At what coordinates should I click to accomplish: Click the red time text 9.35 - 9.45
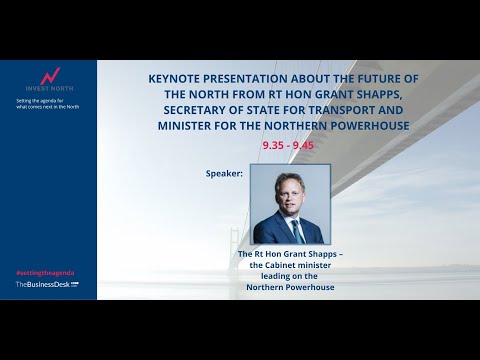pos(287,145)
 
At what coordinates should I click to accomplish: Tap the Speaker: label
pos(224,173)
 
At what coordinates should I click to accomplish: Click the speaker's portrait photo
pos(289,204)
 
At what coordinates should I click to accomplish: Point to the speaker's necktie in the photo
pos(295,228)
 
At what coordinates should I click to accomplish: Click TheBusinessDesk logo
pos(46,285)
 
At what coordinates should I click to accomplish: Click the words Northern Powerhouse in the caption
pos(288,287)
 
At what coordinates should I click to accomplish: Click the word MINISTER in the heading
pos(191,127)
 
